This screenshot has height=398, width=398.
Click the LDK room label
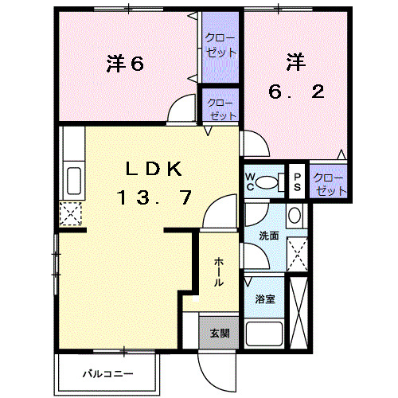tap(154, 169)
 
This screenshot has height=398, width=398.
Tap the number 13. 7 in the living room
tap(154, 197)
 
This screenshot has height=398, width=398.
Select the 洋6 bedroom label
tap(125, 64)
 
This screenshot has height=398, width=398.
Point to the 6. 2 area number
tap(296, 92)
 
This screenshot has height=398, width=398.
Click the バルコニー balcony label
tap(108, 374)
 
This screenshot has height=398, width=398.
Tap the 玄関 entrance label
tap(220, 334)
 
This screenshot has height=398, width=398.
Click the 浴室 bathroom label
tap(265, 299)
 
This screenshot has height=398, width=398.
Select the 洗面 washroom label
tap(269, 236)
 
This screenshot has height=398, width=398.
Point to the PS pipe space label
tap(297, 181)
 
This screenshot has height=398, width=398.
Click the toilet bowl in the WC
tap(267, 182)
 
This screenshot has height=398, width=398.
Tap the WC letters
tap(250, 181)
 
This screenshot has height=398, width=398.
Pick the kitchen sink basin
tap(74, 181)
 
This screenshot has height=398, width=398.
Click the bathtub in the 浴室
tap(264, 334)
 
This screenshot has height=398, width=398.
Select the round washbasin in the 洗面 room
tap(295, 215)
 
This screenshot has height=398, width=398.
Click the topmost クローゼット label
tap(220, 45)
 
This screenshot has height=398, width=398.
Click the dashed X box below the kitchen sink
tap(70, 214)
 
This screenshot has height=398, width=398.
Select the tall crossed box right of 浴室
tap(298, 313)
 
